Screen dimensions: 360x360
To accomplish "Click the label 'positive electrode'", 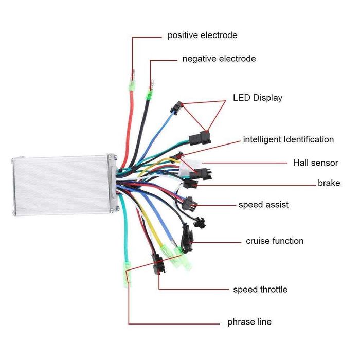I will (202, 35).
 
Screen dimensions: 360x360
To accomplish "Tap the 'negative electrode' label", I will (219, 59).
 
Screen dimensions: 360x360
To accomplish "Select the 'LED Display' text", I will (258, 98).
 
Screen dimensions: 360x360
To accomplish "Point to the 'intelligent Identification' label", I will (288, 139).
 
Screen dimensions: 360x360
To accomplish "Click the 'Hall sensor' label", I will (315, 163).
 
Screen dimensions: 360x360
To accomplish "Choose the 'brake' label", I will (329, 183).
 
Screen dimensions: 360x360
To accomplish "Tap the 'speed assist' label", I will (263, 205).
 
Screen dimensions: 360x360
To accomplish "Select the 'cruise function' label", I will (275, 241).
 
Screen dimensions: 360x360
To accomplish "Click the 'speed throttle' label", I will (260, 290).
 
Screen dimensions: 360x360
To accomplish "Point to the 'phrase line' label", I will (249, 322).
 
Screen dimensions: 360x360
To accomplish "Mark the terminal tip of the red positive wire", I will (133, 72).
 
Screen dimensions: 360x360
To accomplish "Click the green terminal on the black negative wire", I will (150, 95).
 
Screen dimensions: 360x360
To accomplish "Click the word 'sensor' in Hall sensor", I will (326, 163).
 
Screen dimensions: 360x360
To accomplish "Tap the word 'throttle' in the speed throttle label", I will (273, 290).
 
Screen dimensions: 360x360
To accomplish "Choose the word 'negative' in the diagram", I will (200, 59).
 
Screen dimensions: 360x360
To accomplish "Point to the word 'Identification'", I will (304, 139).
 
